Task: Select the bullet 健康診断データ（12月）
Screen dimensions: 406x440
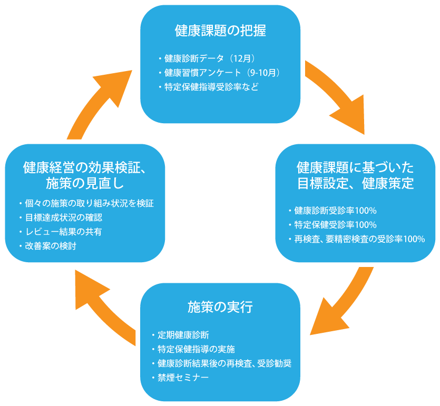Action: point(210,58)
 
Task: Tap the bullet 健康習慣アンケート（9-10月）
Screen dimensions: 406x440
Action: point(221,72)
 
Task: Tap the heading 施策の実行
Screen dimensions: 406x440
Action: point(220,307)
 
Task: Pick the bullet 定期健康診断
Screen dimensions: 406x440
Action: point(183,335)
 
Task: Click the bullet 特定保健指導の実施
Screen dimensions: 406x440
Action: point(195,349)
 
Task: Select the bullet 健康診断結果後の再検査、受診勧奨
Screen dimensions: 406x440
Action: point(224,363)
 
